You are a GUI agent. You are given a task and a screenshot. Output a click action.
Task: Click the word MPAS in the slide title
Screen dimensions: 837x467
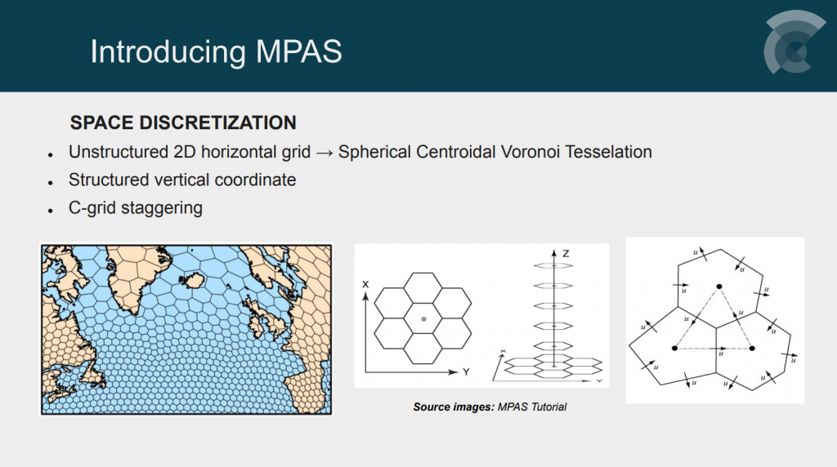click(299, 51)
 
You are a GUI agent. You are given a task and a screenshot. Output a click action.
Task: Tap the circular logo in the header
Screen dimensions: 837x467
click(794, 42)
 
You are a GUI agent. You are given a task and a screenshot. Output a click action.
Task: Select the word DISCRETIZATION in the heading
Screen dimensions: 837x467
click(217, 122)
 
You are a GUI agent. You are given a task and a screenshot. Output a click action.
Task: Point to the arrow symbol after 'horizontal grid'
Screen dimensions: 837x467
click(325, 153)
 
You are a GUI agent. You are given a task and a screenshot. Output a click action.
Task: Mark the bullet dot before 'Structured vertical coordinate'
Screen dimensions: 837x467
click(51, 183)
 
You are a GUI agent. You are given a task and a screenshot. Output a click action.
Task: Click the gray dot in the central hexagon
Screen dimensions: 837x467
click(424, 319)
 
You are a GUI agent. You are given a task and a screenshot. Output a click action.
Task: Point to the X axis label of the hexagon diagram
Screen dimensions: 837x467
click(365, 284)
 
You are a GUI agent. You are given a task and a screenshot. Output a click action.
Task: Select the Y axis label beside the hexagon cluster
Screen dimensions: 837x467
click(466, 371)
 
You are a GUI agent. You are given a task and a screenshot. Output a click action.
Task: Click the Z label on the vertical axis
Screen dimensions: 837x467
click(566, 254)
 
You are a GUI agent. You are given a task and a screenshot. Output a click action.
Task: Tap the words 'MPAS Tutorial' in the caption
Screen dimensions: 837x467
click(532, 407)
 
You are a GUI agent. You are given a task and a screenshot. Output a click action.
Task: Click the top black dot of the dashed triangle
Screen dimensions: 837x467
click(719, 287)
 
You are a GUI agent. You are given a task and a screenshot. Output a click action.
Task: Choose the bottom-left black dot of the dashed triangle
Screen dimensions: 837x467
click(674, 348)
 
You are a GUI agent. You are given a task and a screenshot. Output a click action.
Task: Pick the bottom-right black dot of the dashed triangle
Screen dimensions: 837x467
click(752, 348)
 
